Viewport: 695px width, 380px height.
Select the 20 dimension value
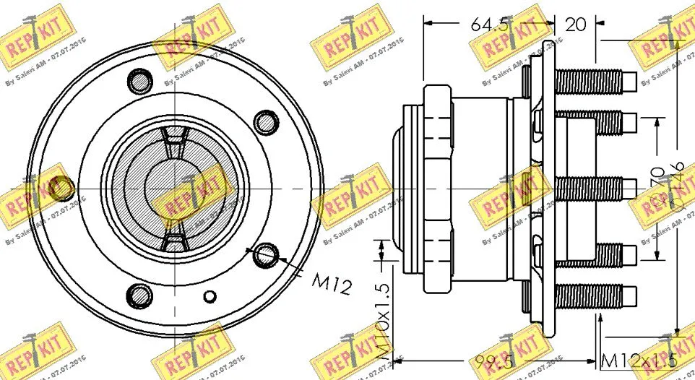click(x=576, y=25)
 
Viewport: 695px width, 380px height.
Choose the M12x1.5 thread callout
click(x=639, y=360)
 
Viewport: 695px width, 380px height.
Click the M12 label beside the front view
click(x=332, y=284)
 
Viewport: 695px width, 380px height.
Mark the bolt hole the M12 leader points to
click(x=267, y=253)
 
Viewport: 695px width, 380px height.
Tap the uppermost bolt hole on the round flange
click(x=137, y=79)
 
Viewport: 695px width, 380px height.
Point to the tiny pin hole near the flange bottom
click(x=210, y=296)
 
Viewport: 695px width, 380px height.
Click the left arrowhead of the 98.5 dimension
click(x=402, y=359)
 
